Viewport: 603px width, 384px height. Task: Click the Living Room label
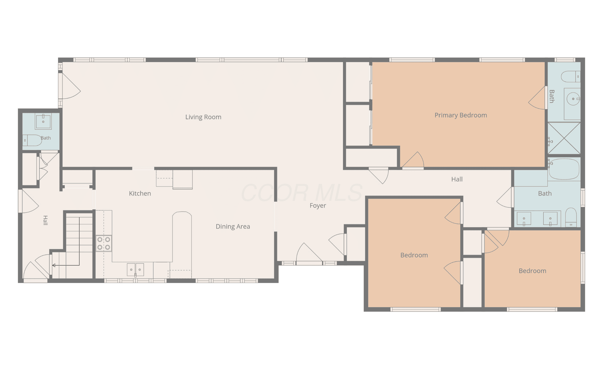(203, 117)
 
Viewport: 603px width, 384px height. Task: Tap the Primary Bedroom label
(461, 115)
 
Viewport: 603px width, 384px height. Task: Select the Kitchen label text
(140, 194)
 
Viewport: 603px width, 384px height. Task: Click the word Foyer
(318, 206)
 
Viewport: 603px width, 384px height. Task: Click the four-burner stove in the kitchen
(104, 243)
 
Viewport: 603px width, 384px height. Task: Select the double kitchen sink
(136, 270)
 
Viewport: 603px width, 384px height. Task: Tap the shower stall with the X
(564, 138)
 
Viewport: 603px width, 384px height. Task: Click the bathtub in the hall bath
(564, 169)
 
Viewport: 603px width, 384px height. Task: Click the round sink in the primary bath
(573, 99)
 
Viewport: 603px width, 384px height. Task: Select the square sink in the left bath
(43, 121)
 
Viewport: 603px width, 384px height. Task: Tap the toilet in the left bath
(32, 140)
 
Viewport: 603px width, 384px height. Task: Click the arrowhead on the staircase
(54, 265)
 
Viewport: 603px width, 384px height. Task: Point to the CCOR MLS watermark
(301, 193)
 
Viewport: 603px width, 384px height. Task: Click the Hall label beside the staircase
(45, 220)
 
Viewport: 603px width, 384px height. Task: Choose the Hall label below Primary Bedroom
(457, 180)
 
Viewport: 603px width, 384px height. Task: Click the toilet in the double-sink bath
(571, 217)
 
